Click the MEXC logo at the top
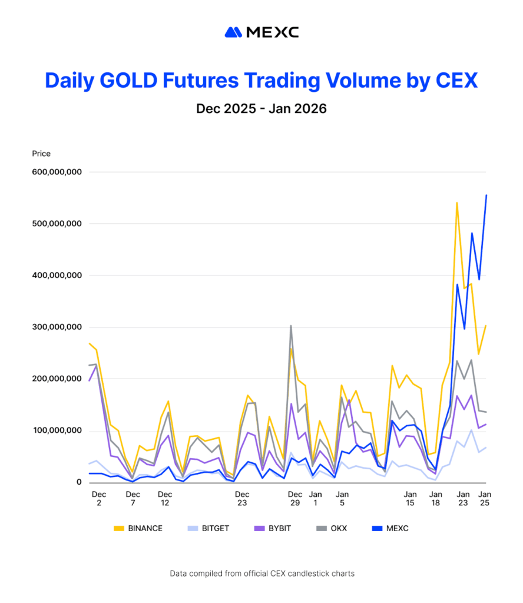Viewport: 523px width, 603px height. [x=261, y=32]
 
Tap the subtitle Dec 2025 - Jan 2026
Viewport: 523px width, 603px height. [x=261, y=109]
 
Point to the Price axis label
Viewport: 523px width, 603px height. [x=41, y=154]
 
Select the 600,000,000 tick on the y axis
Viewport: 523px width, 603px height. [x=57, y=172]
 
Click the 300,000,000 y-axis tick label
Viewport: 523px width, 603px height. [x=57, y=327]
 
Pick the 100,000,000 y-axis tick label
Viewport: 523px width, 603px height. [x=57, y=431]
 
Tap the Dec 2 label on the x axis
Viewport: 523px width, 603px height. [x=99, y=499]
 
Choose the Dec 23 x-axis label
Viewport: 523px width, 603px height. [x=242, y=499]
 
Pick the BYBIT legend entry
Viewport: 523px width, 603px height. [x=273, y=528]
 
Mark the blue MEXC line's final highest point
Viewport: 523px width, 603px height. [x=486, y=195]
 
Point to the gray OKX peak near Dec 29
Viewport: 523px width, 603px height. [x=290, y=326]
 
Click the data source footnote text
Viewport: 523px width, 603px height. [x=261, y=573]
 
